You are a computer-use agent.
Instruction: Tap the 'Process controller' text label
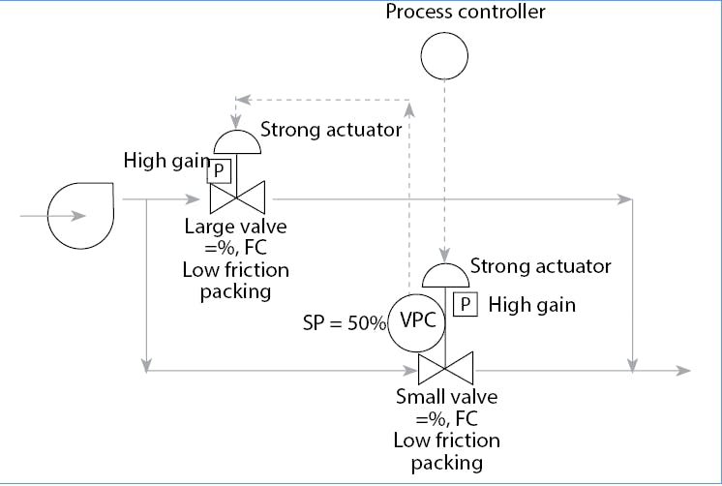point(466,12)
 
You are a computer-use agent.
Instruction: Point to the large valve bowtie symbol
point(236,199)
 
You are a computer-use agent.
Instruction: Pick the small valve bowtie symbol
point(444,369)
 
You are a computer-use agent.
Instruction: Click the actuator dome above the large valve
point(236,141)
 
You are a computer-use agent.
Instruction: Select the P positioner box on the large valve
point(219,171)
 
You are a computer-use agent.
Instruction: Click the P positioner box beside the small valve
point(466,305)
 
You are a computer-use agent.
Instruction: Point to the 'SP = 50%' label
point(345,323)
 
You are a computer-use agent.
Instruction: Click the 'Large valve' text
point(236,228)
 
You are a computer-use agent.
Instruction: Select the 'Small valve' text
point(446,397)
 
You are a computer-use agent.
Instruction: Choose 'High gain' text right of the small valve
point(531,305)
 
